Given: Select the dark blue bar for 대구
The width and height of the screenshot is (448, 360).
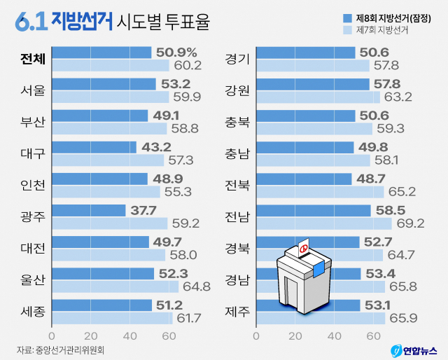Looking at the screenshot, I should [94, 147].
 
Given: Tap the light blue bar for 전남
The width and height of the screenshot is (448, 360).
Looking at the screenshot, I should [324, 223].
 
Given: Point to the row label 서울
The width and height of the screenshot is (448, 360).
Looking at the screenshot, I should [33, 90].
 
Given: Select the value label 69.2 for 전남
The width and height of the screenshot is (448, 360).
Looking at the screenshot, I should [411, 223].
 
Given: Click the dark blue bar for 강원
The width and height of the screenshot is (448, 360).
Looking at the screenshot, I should [313, 84].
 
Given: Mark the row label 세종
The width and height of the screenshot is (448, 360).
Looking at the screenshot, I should [33, 311].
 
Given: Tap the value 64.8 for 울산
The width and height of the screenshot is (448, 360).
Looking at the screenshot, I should [196, 286].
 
